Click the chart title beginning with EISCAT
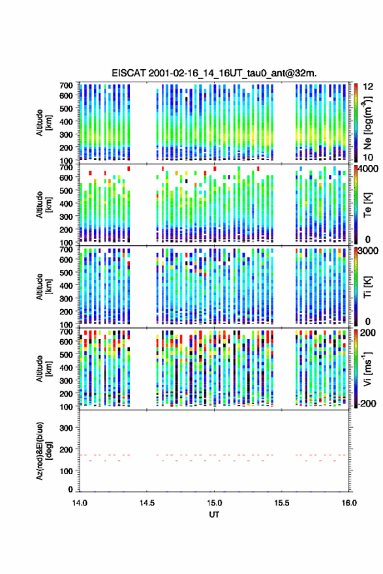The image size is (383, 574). coord(214,73)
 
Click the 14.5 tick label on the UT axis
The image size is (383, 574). coord(147,503)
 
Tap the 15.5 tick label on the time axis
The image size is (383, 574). coord(282,503)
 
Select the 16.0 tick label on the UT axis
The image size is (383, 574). coord(349,503)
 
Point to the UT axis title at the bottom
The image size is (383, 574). coord(214,515)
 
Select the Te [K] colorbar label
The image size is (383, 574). coord(367,205)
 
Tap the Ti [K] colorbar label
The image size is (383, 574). coord(367,286)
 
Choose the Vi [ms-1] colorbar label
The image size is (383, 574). coord(367,369)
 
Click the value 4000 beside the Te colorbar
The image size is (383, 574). coord(369,170)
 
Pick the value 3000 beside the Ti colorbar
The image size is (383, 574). coord(369,251)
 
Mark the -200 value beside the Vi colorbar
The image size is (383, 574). coord(366,403)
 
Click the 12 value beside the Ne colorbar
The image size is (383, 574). coord(369,86)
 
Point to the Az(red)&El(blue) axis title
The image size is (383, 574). coord(44,451)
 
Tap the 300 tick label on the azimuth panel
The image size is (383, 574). coord(66,428)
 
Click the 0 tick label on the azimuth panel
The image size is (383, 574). coord(70,489)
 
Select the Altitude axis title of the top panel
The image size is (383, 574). coord(44,123)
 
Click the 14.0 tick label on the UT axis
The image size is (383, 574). coord(80,503)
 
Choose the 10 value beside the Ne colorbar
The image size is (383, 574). coord(369,157)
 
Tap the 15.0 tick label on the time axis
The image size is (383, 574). coord(214,503)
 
